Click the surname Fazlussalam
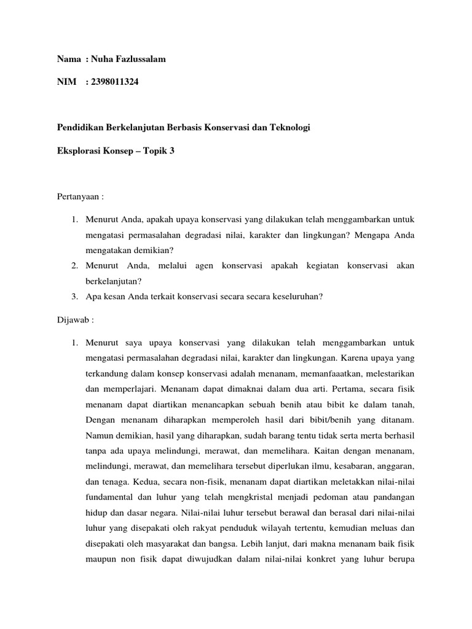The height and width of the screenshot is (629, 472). pos(138,59)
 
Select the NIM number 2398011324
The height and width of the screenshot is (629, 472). pos(114,82)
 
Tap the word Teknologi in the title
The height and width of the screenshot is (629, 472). pos(289,127)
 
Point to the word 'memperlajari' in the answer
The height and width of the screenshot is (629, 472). pos(117,388)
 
